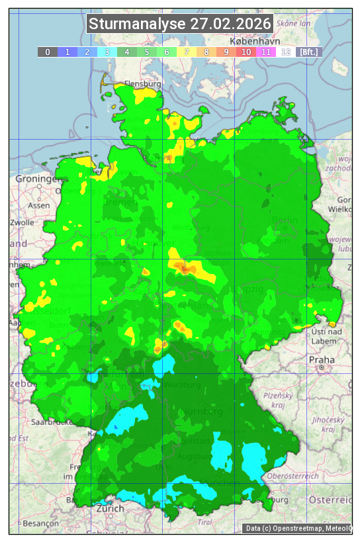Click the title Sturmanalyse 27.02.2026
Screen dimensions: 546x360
[180, 24]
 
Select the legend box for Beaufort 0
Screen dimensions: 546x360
[48, 52]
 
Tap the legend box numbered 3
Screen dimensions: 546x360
[107, 52]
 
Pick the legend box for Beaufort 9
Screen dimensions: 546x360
[226, 52]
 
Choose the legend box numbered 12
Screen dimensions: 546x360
[286, 52]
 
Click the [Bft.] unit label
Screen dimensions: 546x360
[309, 52]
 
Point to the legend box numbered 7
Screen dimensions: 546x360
[187, 52]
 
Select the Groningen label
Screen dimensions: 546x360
[36, 179]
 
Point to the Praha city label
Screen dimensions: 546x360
[322, 359]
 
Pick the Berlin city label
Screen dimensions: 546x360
[285, 220]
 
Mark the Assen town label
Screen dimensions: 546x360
[39, 206]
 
